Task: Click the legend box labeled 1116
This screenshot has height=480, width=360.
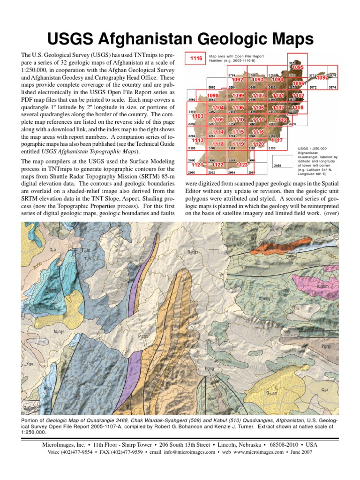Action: coord(196,59)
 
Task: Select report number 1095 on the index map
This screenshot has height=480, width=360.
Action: coord(298,67)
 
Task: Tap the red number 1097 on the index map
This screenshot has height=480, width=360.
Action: coord(323,77)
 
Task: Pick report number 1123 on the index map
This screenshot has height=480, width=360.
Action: coord(242,165)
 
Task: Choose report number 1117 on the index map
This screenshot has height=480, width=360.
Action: coord(277,141)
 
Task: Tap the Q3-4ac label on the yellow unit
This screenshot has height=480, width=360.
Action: coord(272,393)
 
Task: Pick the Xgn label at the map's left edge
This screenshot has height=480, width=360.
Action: coord(30,363)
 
